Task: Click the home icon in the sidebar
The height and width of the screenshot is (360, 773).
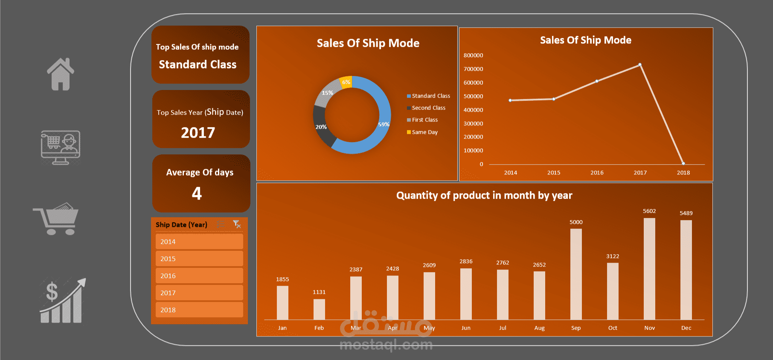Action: click(x=61, y=74)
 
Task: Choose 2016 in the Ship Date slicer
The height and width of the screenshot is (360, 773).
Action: click(x=199, y=276)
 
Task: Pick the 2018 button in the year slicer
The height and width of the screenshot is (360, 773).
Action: click(x=199, y=310)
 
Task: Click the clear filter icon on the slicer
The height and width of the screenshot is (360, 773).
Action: click(x=237, y=224)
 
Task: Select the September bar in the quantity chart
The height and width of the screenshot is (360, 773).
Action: click(x=576, y=274)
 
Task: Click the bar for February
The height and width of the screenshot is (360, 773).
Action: click(x=319, y=309)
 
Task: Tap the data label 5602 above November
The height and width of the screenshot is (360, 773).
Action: click(x=649, y=211)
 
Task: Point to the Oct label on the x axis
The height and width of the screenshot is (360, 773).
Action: click(x=613, y=328)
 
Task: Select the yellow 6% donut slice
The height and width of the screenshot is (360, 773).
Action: click(x=346, y=82)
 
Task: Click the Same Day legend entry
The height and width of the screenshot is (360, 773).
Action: click(x=424, y=132)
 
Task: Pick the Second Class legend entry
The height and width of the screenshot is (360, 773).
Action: click(x=428, y=108)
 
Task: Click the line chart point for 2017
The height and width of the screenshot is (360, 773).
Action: click(x=640, y=65)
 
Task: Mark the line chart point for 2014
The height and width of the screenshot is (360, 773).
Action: click(x=510, y=100)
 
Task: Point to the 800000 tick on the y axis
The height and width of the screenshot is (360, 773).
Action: click(x=473, y=55)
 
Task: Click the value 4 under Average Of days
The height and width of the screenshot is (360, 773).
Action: click(x=197, y=194)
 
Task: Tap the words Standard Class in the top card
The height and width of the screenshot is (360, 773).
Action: click(x=198, y=64)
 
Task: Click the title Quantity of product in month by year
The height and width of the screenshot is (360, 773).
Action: click(x=484, y=195)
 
